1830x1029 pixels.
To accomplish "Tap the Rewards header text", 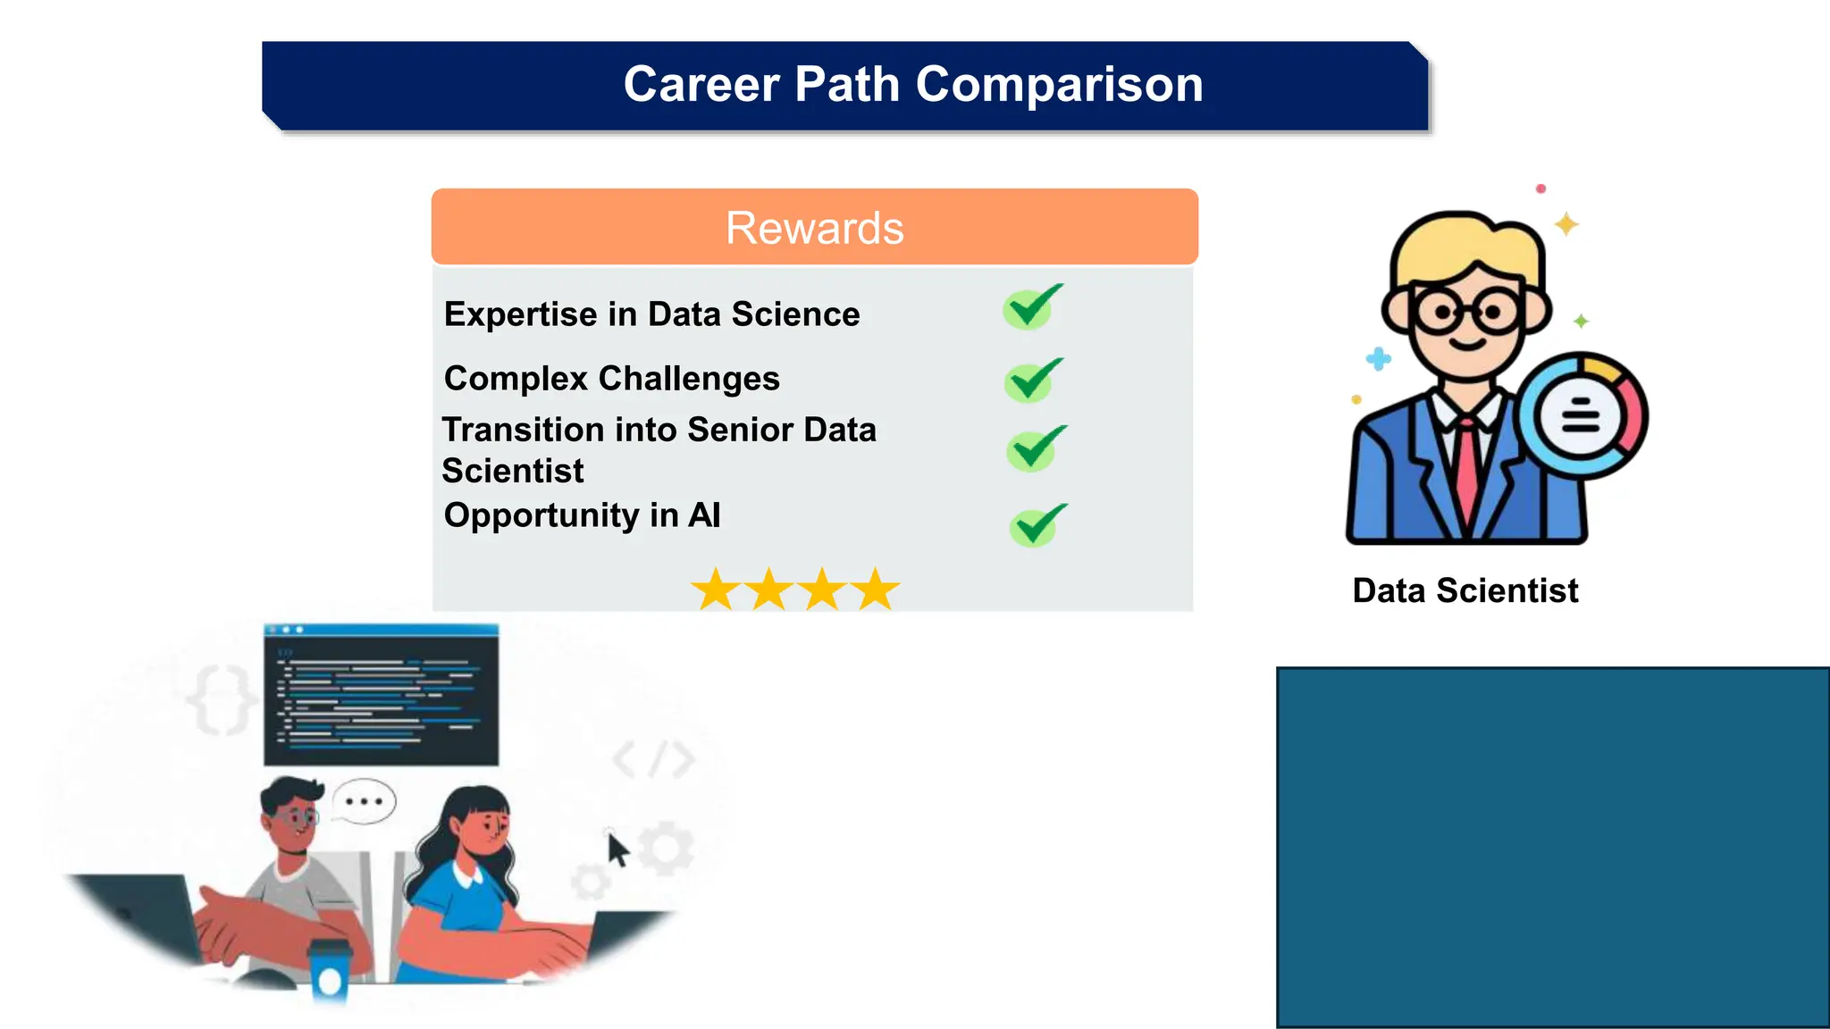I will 814,228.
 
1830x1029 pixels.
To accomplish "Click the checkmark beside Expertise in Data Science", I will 1032,307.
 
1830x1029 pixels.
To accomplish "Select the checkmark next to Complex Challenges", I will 1034,381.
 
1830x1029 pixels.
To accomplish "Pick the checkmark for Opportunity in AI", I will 1037,524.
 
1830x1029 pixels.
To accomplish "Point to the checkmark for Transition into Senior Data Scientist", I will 1036,448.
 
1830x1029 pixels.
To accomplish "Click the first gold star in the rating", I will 716,590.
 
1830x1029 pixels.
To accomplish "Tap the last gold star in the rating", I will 876,590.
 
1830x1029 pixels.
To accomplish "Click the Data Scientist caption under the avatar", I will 1465,590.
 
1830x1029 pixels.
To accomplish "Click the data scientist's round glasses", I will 1465,313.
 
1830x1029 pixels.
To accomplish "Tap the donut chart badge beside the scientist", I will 1582,416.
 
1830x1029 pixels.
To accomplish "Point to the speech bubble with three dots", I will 364,801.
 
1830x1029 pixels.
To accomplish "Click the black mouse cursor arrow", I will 617,849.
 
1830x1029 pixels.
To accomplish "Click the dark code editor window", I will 382,695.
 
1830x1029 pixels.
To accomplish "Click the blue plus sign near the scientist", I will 1379,359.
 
